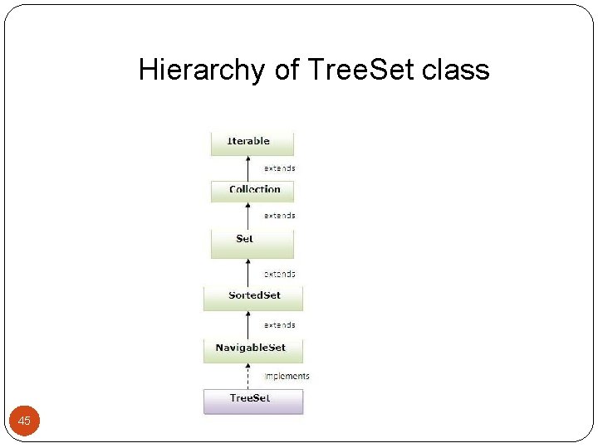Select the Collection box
click(252, 190)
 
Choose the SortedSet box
click(253, 296)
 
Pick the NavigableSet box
click(253, 348)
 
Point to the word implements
click(287, 376)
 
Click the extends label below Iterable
click(280, 168)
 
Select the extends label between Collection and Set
click(280, 216)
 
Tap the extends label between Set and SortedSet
click(280, 274)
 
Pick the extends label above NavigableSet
click(280, 325)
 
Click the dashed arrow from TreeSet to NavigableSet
click(248, 375)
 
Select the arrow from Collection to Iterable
click(248, 168)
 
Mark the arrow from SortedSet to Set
click(248, 272)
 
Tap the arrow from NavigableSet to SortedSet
click(248, 324)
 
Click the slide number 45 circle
click(24, 421)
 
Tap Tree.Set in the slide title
click(360, 70)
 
